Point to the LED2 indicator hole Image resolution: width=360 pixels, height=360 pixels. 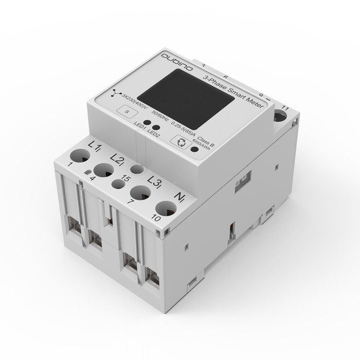pos(155,127)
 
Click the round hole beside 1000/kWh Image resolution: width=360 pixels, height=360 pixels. pos(194,150)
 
